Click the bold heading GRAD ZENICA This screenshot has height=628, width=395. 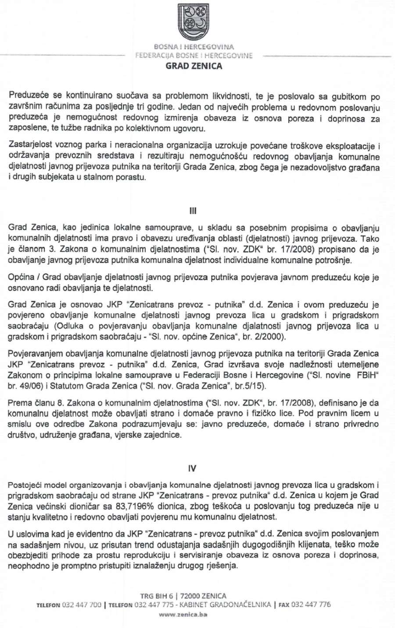(194, 66)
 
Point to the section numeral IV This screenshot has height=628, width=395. (192, 469)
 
